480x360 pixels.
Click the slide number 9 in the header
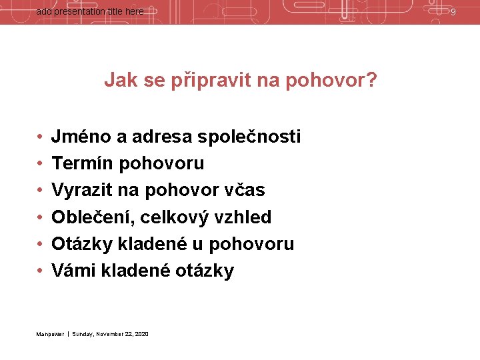coord(453,12)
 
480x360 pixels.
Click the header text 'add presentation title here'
coord(89,11)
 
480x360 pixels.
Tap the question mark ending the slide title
coord(371,81)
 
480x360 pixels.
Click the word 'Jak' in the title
coord(118,81)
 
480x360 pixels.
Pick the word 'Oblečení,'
coord(93,217)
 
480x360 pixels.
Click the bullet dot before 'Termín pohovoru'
coord(41,164)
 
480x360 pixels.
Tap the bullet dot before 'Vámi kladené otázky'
coord(41,271)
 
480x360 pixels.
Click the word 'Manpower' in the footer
coord(50,333)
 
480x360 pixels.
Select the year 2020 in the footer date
coord(141,333)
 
